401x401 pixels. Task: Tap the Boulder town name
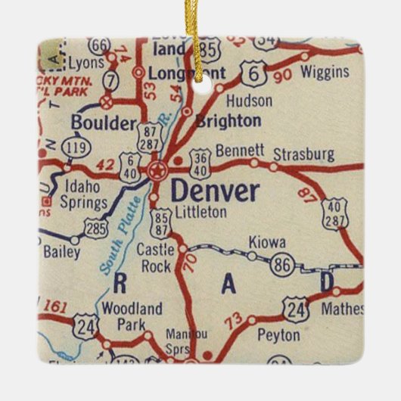pos(103,123)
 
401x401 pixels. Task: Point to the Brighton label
pos(228,120)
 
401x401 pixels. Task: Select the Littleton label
pos(200,213)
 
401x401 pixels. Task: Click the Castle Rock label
pos(157,257)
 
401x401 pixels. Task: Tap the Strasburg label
pos(303,154)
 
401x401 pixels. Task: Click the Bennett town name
pos(240,151)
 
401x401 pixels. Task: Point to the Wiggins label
pos(325,73)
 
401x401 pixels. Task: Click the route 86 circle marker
pos(281,265)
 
